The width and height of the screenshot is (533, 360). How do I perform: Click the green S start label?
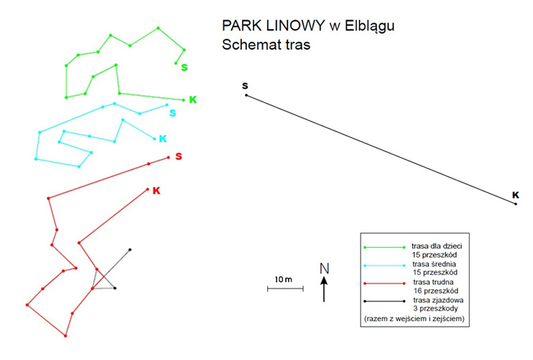point(184,67)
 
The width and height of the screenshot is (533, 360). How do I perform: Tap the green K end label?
point(193,99)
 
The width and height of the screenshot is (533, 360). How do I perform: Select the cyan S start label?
point(173,113)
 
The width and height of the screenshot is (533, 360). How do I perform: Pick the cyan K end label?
point(163,139)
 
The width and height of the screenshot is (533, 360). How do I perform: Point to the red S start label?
point(179,156)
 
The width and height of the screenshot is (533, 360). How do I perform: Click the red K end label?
point(156,190)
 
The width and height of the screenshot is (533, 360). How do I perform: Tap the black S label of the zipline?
point(245,86)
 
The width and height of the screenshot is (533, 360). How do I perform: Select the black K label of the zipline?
point(516,195)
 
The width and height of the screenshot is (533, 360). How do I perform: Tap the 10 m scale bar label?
point(284,279)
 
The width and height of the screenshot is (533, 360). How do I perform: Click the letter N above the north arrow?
point(325,269)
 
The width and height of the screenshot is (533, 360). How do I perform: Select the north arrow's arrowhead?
point(324,281)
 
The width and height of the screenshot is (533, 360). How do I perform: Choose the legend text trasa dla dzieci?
point(436,246)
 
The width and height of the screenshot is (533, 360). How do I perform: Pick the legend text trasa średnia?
point(434,264)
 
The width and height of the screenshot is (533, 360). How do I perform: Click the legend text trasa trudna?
point(433,282)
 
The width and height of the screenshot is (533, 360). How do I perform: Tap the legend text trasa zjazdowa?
point(438,300)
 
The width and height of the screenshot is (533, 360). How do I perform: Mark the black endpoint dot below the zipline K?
point(516,204)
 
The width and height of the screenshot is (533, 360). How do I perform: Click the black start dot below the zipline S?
point(246,95)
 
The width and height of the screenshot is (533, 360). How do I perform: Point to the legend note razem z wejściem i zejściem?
point(414,319)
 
